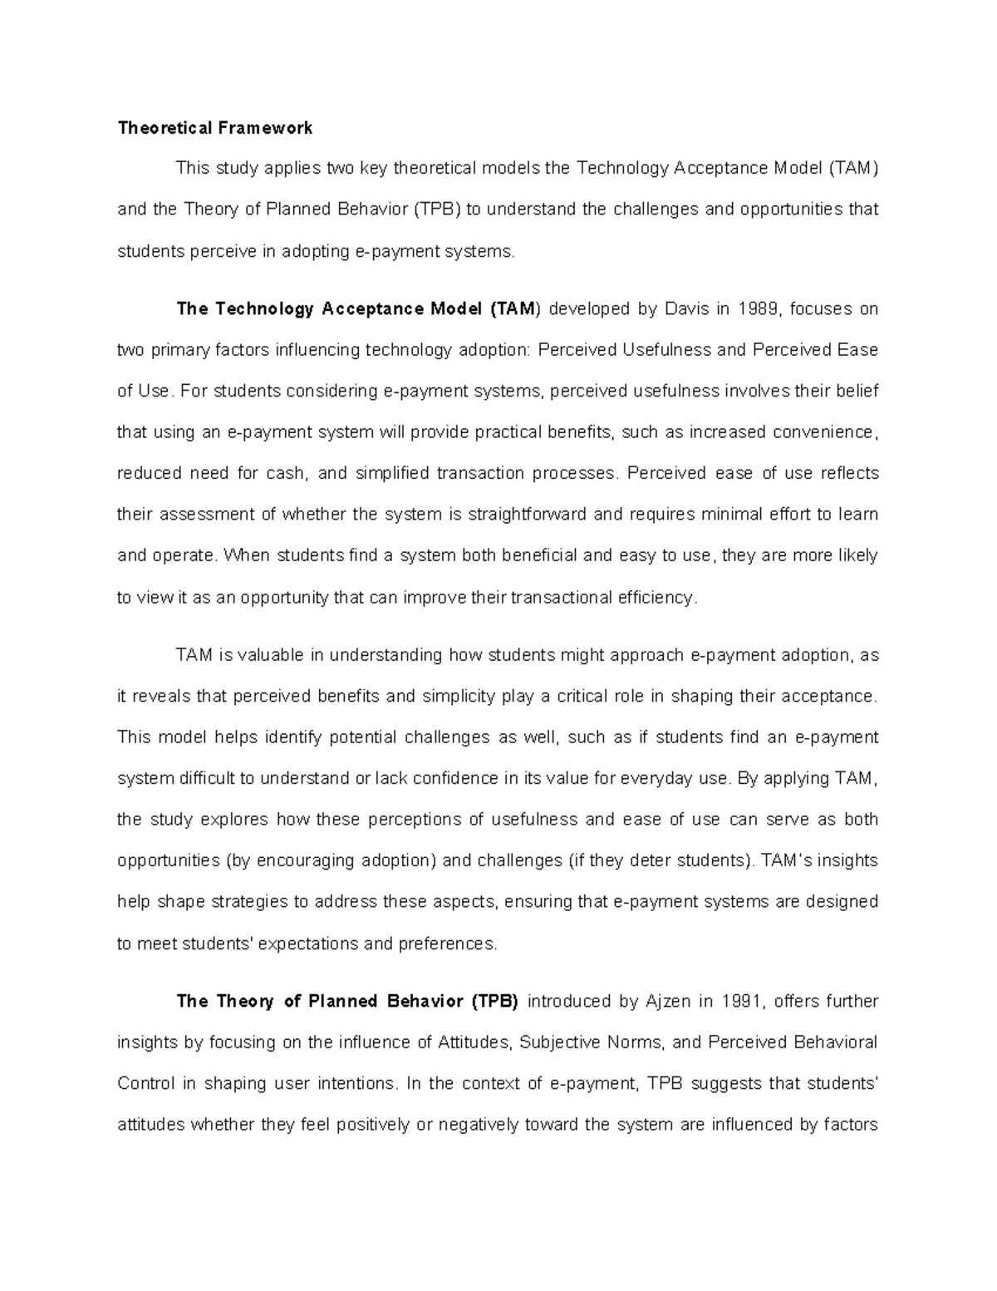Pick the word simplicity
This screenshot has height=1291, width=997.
point(458,697)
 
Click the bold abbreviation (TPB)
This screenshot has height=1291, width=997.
point(495,1002)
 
